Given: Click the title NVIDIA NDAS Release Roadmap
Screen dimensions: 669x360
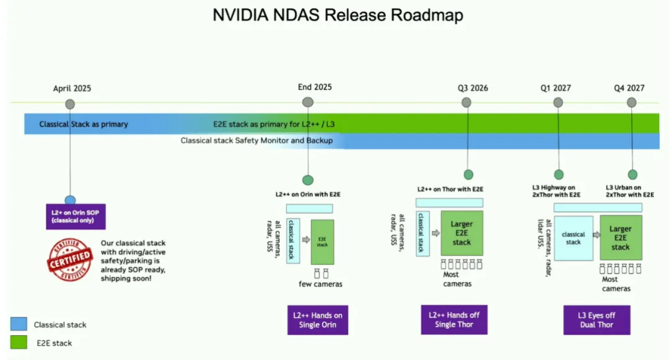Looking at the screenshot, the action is click(x=338, y=15).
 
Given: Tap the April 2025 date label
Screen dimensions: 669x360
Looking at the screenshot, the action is click(x=72, y=88).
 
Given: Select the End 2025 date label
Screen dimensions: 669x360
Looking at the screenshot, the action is click(x=315, y=87).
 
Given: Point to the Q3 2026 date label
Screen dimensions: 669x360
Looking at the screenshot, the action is click(x=473, y=87).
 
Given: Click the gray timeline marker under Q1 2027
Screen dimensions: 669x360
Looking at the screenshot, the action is click(x=558, y=103).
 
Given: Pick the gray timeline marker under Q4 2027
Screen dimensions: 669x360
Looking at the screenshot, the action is click(x=631, y=103).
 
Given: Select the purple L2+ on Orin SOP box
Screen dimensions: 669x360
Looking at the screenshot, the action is click(x=76, y=216).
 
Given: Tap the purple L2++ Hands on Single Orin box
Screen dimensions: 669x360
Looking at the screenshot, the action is click(x=318, y=320).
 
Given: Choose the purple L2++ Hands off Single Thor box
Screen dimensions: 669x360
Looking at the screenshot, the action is click(x=454, y=320).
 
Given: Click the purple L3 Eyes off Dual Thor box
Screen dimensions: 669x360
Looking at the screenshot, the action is click(x=597, y=320).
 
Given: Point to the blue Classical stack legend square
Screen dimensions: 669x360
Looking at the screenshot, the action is click(x=19, y=324).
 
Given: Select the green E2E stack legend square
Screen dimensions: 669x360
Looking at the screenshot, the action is click(x=19, y=342).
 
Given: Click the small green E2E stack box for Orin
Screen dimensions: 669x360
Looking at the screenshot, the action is click(x=322, y=242).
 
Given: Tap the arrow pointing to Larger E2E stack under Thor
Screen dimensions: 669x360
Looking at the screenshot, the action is click(x=436, y=234).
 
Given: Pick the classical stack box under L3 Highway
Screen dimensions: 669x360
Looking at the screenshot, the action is click(x=573, y=238).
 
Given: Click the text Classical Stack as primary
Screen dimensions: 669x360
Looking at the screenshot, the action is click(x=84, y=124).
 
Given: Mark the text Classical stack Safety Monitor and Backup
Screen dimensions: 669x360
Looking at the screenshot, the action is click(x=256, y=141).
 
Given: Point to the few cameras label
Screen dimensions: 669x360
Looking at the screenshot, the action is click(x=320, y=284).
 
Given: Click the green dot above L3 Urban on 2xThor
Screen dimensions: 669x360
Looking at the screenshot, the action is click(x=632, y=175).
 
